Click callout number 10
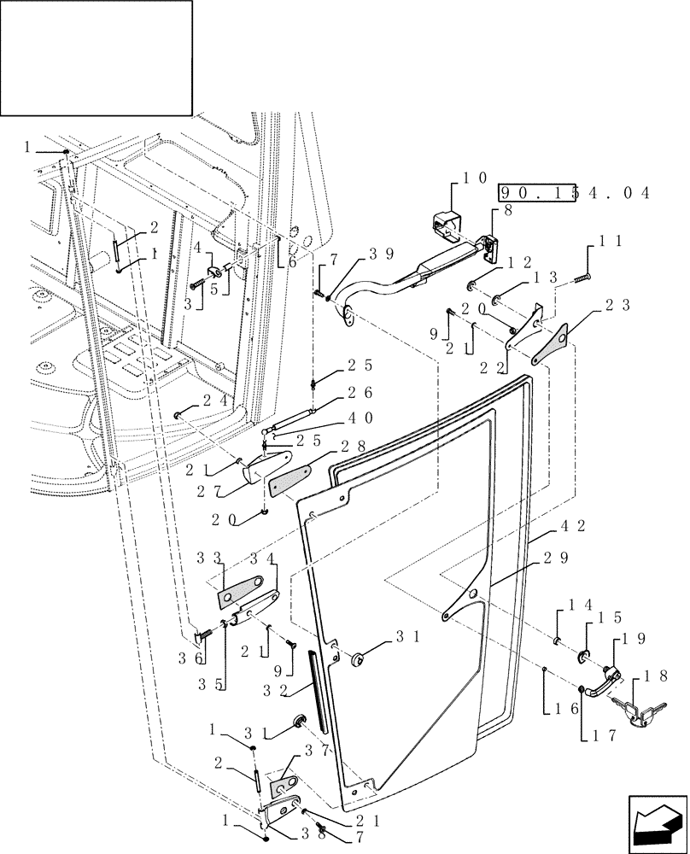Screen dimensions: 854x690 [x=474, y=178]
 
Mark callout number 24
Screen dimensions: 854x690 [x=215, y=398]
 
